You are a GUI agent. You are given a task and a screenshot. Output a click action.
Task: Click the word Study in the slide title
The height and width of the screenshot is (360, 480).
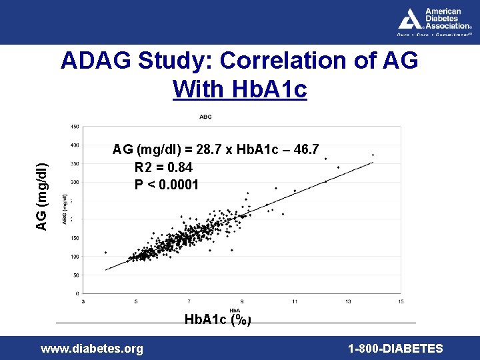pos(177,61)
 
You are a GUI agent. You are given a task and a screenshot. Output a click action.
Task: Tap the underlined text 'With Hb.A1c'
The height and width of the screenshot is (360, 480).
pos(239,89)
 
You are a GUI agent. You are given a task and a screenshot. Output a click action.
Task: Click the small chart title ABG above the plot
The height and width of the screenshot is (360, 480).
pos(205,117)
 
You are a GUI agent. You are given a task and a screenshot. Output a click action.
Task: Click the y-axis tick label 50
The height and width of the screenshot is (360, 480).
pos(76,275)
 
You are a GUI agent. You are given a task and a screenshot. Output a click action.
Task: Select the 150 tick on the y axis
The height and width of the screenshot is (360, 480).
pos(75,238)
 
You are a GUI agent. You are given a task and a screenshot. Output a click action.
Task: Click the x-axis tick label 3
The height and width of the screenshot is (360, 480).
pos(83,301)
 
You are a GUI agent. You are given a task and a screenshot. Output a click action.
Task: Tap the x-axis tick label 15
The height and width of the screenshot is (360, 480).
pos(400,301)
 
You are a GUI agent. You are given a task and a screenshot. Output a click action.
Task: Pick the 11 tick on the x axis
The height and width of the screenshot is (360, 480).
pos(295,301)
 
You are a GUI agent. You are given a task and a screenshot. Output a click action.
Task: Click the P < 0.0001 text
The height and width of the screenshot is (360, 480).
pos(166,184)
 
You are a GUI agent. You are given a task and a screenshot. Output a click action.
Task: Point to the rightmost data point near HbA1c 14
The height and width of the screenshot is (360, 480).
pos(373,155)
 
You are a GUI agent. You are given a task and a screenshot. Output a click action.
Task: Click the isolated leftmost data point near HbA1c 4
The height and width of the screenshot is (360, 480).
pos(105,253)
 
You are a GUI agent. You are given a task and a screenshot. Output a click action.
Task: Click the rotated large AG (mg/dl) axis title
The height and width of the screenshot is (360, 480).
pos(41,197)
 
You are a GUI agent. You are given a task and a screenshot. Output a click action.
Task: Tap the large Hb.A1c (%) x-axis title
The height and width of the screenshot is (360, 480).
pos(218,319)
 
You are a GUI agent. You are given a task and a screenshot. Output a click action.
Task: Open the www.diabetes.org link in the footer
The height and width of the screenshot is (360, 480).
pos(92,348)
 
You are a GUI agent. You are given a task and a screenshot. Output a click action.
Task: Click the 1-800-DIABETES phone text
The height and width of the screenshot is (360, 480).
pos(395,348)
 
